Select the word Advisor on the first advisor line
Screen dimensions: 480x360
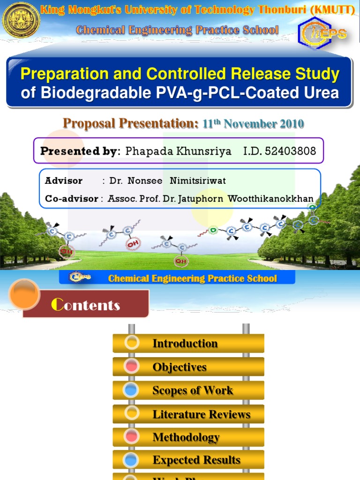pos(64,181)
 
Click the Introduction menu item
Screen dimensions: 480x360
pos(185,344)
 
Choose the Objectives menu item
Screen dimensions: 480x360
pos(180,367)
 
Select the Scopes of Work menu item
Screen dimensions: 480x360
pos(193,390)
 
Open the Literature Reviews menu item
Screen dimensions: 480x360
pos(201,414)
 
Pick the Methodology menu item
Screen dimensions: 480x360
pos(186,437)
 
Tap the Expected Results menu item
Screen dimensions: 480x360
pos(196,460)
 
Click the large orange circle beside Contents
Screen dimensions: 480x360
pos(24,294)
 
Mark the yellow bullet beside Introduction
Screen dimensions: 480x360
pos(132,343)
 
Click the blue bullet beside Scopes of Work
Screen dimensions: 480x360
pos(132,390)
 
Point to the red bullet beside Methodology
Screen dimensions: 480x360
pos(132,436)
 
